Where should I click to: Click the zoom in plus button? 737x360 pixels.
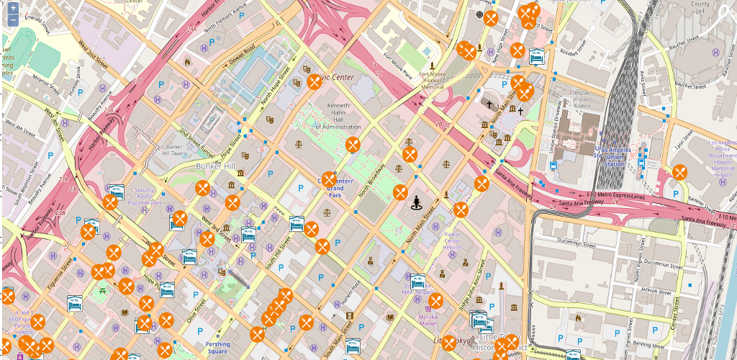[13, 8]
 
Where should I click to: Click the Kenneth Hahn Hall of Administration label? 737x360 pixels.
[338, 117]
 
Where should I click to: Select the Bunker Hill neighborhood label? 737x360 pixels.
[215, 166]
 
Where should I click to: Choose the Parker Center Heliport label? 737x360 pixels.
[452, 241]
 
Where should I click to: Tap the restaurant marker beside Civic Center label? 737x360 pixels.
[315, 81]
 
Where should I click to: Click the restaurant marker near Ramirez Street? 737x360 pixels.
[679, 172]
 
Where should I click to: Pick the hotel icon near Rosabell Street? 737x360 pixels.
[536, 55]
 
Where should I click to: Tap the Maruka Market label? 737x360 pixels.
[429, 319]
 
